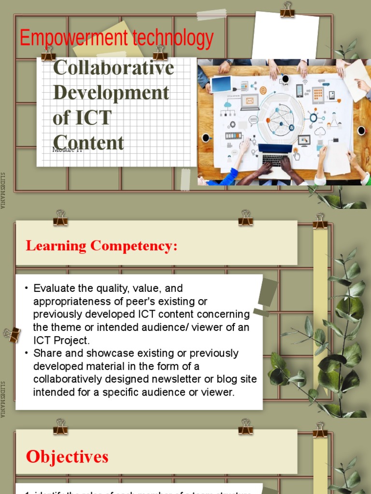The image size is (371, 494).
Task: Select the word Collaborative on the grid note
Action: point(114,68)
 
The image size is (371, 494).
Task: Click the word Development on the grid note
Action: point(111,93)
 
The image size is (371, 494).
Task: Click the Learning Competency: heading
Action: point(101,246)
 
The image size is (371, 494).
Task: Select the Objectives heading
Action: point(67,456)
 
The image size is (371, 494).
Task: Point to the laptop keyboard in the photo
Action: point(275,160)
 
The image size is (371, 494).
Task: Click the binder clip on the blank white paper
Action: point(287,10)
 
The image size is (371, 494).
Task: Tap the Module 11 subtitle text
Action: point(68,150)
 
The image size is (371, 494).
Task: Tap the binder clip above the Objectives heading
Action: point(60,426)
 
